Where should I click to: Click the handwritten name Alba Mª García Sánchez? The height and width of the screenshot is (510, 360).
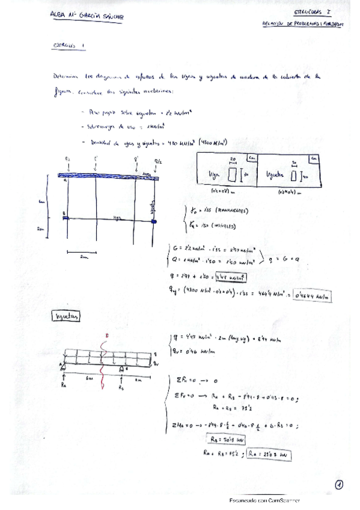[87, 19]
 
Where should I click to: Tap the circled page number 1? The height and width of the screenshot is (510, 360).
[339, 484]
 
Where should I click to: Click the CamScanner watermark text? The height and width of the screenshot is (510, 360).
[264, 500]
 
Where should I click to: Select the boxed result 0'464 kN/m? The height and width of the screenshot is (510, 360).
[314, 295]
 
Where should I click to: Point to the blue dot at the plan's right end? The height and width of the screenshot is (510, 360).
[156, 221]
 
